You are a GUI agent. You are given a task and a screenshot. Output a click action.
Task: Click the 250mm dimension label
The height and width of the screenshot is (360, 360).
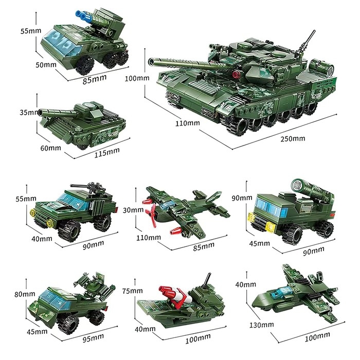click(292, 138)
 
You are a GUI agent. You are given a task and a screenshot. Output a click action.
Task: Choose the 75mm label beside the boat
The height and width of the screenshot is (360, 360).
click(133, 291)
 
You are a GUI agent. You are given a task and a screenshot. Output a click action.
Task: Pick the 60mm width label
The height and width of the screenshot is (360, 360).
click(50, 148)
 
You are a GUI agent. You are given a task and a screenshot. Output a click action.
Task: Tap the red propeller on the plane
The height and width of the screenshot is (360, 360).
click(151, 212)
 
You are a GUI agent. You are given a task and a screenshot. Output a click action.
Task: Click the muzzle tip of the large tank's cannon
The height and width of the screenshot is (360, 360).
click(151, 62)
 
